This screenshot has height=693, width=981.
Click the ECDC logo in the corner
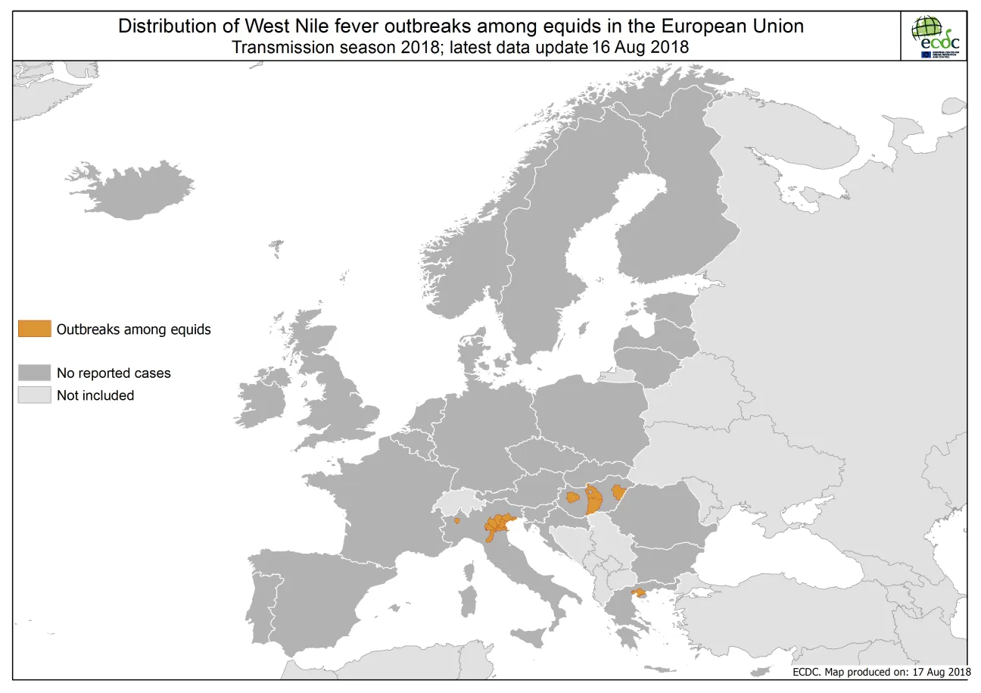(x=936, y=36)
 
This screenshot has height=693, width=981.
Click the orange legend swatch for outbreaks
(x=35, y=329)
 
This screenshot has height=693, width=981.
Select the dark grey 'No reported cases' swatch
(x=35, y=373)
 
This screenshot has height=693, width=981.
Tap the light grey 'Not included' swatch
(x=35, y=395)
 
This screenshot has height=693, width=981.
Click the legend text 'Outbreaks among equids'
(x=133, y=329)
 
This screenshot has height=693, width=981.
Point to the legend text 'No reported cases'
(x=114, y=373)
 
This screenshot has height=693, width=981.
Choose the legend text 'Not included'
(x=95, y=395)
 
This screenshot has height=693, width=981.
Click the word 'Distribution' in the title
(x=163, y=27)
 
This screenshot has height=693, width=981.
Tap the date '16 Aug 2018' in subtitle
(x=643, y=47)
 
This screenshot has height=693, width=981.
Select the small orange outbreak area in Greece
(x=638, y=592)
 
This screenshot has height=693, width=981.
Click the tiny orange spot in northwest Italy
(x=456, y=520)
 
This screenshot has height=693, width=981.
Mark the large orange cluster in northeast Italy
(x=498, y=525)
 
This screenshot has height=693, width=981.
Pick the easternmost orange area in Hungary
(x=619, y=492)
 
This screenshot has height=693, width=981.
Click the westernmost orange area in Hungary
(x=573, y=497)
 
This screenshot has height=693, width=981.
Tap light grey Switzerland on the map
(x=458, y=501)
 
